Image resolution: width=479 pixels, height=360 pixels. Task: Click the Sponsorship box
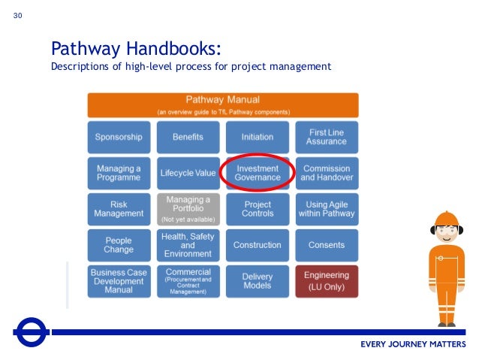coord(119,138)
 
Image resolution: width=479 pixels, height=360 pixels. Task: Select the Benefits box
coord(188,138)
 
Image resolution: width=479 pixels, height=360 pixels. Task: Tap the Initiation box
coord(258,138)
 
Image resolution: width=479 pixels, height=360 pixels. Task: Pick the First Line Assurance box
coord(327,138)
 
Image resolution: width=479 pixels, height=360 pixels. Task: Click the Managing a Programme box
coord(119,173)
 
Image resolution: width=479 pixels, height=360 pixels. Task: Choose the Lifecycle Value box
coord(188,173)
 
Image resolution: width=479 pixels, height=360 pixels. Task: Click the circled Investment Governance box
coord(258,173)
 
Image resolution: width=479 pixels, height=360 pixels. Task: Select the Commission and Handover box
coord(327,173)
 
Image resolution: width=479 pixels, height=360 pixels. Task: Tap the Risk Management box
coord(119,209)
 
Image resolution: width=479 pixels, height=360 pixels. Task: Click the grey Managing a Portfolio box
coord(188,209)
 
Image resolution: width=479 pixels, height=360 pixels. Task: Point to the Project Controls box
coord(258,209)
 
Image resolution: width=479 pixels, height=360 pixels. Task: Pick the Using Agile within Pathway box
coord(327,209)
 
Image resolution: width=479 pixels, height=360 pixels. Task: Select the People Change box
coord(119,245)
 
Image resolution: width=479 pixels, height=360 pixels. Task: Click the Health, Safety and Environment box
coord(188,245)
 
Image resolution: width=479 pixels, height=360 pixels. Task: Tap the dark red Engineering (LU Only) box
coord(327,281)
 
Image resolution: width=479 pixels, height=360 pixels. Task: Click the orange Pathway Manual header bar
coord(223,104)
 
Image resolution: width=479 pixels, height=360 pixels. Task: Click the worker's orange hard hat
coord(446,219)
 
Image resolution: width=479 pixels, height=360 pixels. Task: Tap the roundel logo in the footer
coord(32,331)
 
